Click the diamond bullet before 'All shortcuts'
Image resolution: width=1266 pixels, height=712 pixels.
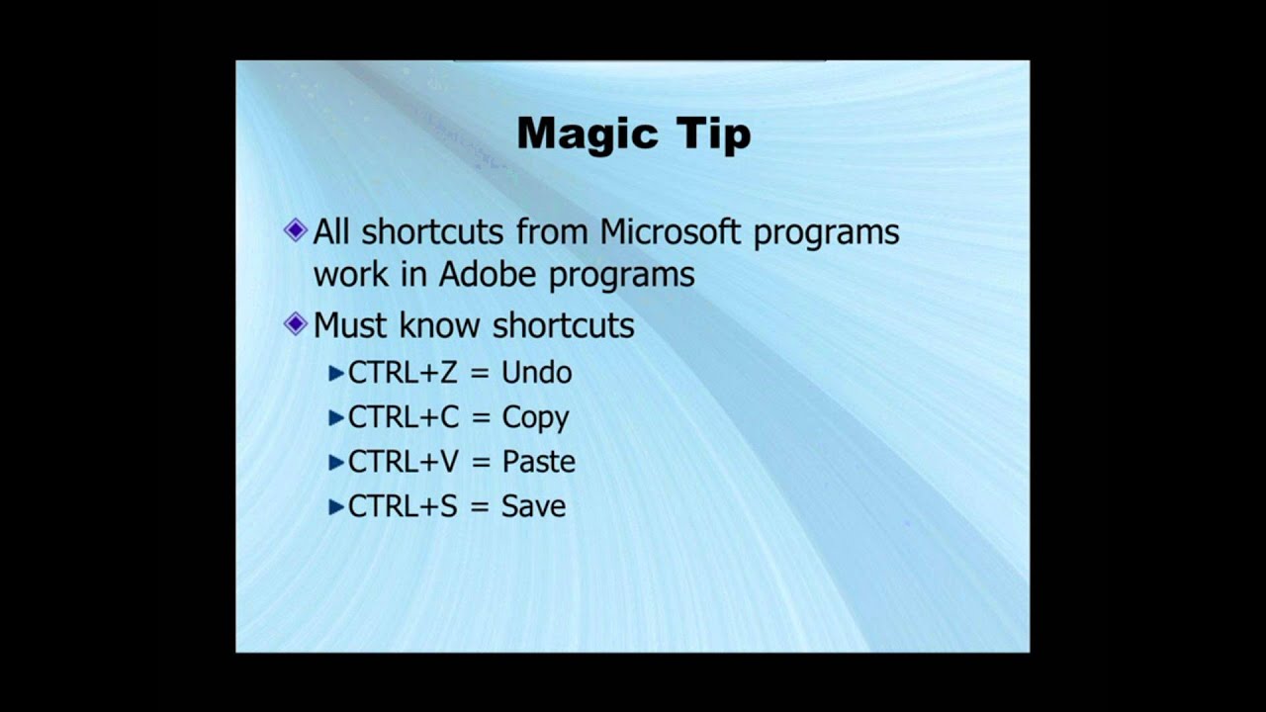point(296,230)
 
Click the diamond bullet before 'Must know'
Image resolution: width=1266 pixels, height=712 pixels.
point(296,324)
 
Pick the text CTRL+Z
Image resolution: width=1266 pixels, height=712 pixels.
point(403,373)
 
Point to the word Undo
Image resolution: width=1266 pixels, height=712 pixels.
point(537,373)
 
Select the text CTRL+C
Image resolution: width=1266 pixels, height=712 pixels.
point(404,417)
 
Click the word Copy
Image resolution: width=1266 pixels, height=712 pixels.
point(535,418)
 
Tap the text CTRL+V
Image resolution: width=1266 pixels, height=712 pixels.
point(404,462)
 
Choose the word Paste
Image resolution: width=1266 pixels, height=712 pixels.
point(538,462)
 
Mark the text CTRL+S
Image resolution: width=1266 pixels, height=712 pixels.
point(403,506)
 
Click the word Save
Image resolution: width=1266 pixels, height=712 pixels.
point(533,506)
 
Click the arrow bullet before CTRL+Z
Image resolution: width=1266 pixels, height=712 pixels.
point(336,374)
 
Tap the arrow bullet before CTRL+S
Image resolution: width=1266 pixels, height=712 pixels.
point(336,507)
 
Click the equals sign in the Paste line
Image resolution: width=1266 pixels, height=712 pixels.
point(480,462)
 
